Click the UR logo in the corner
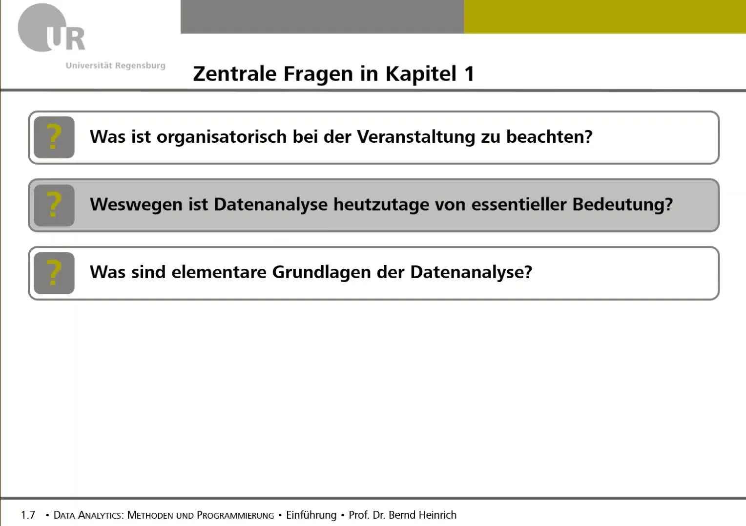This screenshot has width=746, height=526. click(51, 29)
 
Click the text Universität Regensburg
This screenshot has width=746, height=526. click(115, 66)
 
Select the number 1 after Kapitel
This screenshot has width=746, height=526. click(469, 74)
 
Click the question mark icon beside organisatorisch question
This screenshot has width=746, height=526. click(54, 137)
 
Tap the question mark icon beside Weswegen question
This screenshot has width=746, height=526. click(54, 205)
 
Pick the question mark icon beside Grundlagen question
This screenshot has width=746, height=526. click(54, 273)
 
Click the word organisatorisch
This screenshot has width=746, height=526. click(221, 137)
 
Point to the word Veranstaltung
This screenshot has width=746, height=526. click(416, 137)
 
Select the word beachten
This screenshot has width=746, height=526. click(549, 137)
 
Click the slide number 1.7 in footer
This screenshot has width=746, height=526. click(28, 515)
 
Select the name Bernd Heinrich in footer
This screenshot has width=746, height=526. click(422, 515)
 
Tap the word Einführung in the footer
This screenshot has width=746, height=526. click(311, 515)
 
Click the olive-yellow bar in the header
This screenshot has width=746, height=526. click(604, 17)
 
